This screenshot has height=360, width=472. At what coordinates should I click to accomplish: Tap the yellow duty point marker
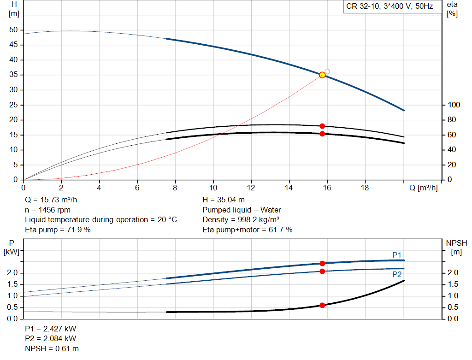[x=322, y=75]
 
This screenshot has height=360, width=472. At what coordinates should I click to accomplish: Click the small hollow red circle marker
[x=327, y=71]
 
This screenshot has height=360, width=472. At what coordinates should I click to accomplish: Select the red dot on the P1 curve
[x=322, y=263]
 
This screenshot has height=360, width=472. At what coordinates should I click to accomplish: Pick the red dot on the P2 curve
[x=322, y=271]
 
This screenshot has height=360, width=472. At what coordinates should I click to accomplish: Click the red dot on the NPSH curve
[x=322, y=305]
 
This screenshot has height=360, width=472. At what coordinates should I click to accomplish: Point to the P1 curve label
[x=397, y=255]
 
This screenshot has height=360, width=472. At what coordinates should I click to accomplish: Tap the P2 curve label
[x=397, y=274]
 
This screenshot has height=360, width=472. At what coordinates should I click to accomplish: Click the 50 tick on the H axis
[x=13, y=30]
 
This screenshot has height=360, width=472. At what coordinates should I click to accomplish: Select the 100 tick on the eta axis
[x=454, y=105]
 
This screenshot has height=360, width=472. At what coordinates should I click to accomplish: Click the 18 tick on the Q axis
[x=365, y=188]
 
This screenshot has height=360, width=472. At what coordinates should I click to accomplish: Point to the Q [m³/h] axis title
[x=423, y=188]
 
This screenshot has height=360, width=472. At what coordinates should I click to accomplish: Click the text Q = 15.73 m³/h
[x=51, y=200]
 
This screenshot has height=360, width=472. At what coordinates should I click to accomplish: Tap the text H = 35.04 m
[x=224, y=200]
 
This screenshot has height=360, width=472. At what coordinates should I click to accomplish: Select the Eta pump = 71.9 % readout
[x=58, y=230]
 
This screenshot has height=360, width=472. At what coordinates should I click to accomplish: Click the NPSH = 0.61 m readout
[x=52, y=348]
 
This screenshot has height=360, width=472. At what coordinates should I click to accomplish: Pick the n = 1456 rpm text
[x=47, y=210]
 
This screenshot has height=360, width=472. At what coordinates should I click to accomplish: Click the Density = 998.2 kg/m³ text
[x=241, y=220]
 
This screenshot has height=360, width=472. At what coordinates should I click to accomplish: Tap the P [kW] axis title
[x=12, y=248]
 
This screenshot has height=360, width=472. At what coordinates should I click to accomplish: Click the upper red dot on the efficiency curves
[x=322, y=126]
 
